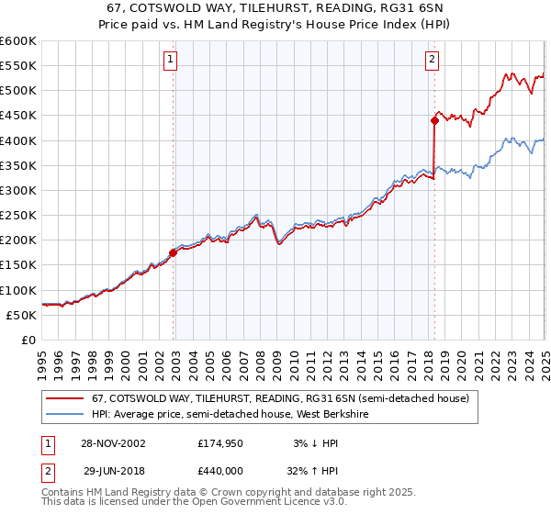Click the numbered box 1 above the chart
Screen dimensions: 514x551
[172, 61]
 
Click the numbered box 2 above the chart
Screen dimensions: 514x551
[432, 61]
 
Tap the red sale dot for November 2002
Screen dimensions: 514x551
[174, 252]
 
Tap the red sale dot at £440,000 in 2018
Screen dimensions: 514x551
[434, 119]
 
